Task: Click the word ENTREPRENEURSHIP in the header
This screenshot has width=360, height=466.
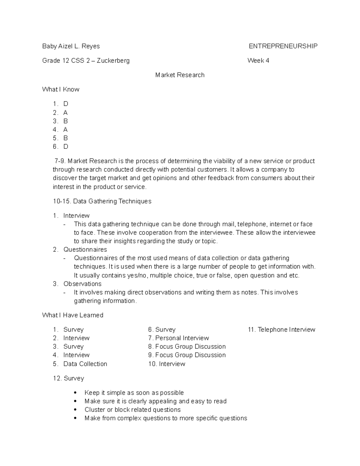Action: tap(283, 46)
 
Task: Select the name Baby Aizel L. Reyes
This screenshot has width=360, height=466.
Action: tap(71, 46)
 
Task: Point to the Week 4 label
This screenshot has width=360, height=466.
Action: tap(258, 61)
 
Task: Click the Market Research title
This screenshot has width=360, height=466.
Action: tap(180, 75)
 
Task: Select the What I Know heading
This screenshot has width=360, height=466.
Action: tap(61, 89)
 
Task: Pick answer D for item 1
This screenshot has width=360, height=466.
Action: tap(66, 104)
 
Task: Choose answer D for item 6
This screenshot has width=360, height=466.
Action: tap(66, 147)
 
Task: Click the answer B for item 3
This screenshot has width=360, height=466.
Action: tap(65, 121)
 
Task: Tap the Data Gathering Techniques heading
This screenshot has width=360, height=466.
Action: tap(112, 201)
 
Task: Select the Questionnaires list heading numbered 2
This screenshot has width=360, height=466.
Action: tap(85, 250)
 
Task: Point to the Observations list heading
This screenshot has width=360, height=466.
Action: tap(82, 284)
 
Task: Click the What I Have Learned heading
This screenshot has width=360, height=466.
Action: tap(73, 315)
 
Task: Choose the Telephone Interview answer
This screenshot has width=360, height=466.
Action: tap(286, 330)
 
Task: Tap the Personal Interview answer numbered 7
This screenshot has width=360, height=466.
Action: tap(182, 338)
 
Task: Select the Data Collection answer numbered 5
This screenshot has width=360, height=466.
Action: tap(85, 364)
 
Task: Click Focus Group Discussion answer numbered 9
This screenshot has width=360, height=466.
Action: tap(190, 355)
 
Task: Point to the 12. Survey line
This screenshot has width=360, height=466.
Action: tap(68, 378)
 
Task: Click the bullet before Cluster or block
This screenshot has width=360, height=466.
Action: tap(75, 410)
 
